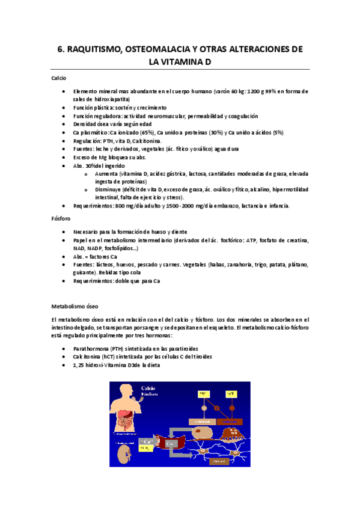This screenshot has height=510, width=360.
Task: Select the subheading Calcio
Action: click(x=58, y=78)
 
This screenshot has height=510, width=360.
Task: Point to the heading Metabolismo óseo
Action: click(x=75, y=305)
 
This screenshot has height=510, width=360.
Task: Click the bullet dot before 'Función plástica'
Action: click(x=64, y=107)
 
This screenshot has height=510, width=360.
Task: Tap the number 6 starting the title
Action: click(x=52, y=49)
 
